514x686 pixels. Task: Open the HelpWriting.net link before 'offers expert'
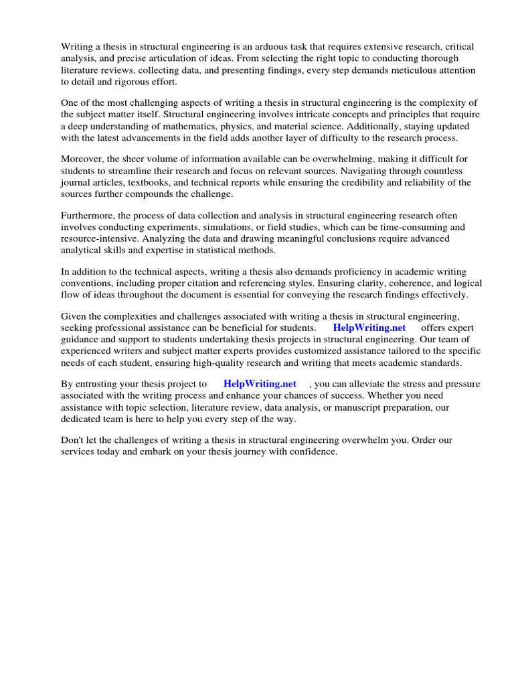tap(369, 328)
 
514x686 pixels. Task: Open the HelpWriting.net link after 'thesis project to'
tap(260, 385)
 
